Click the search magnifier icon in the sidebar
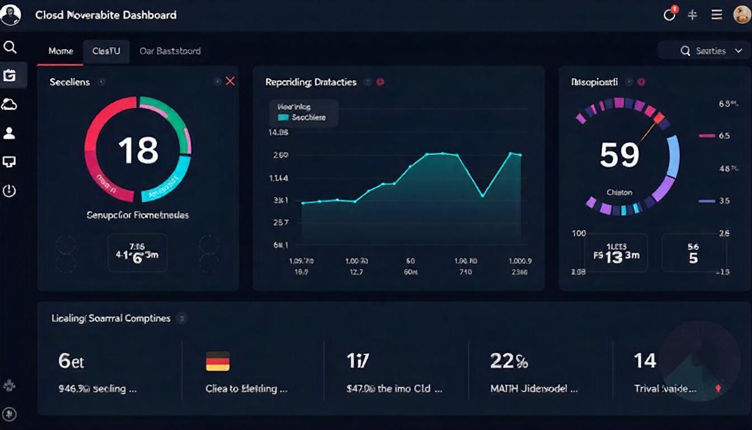(10, 47)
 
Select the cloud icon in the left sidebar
(10, 104)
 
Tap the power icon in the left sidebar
(10, 191)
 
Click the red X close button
(230, 82)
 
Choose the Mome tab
(60, 51)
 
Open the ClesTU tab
(106, 51)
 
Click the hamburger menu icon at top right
(717, 15)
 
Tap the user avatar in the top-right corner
(741, 15)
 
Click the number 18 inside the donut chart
(138, 150)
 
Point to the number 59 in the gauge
(619, 155)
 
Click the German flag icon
(218, 361)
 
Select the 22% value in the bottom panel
(509, 361)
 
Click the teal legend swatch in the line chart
(283, 118)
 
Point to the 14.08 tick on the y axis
(278, 133)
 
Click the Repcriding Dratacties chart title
(311, 82)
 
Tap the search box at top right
(703, 51)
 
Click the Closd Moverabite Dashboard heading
(106, 15)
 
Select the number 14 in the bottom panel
(645, 361)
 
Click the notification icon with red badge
(670, 15)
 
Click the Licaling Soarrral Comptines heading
(111, 319)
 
